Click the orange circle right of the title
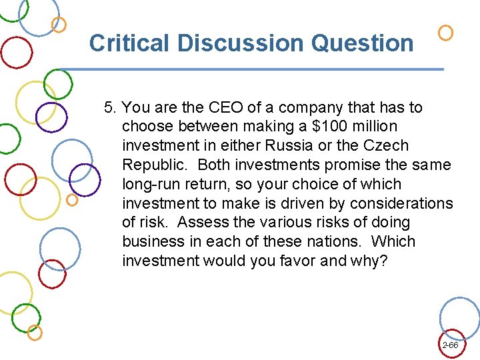[445, 33]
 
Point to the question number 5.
[110, 107]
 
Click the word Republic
[153, 165]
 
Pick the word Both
[214, 165]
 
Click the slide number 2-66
[450, 345]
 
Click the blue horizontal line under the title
[253, 69]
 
